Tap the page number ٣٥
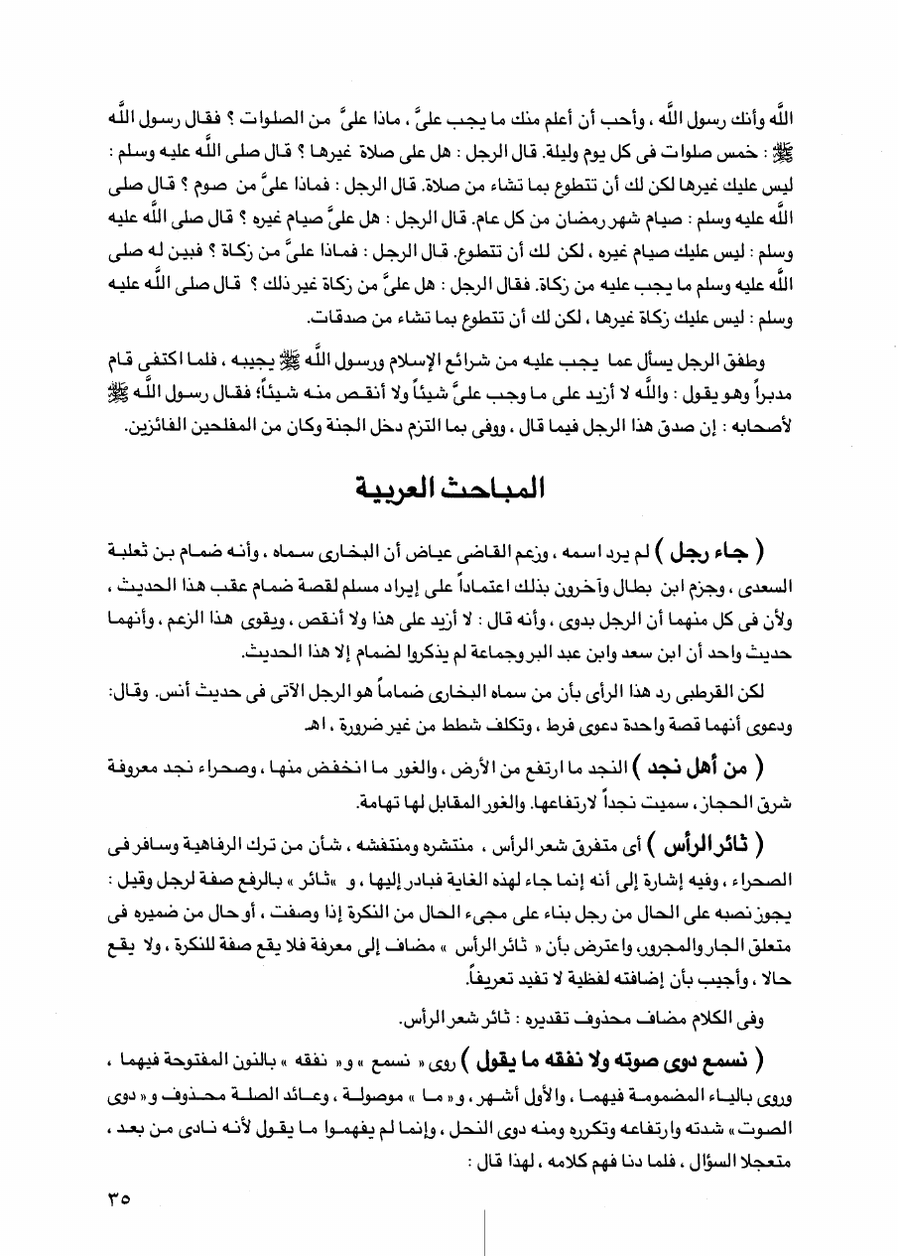point(117,1198)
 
